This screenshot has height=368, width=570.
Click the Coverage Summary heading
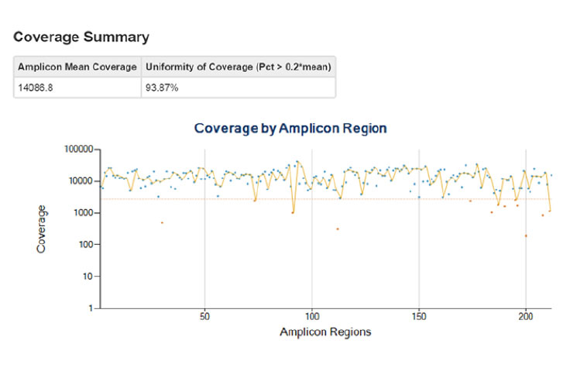[x=81, y=36]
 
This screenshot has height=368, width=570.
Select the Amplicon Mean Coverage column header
[x=77, y=67]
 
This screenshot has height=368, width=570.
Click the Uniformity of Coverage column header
[x=239, y=67]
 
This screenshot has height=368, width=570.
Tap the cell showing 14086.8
[x=36, y=88]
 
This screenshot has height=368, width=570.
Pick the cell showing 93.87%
[x=163, y=88]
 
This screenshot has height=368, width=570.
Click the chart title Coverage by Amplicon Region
[x=290, y=128]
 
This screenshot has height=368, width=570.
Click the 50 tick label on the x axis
[x=204, y=318]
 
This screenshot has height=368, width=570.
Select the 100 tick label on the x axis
[x=311, y=318]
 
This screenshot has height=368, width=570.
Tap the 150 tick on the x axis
[x=419, y=318]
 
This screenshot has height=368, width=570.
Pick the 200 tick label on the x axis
[x=526, y=318]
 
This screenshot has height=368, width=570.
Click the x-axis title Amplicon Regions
[x=325, y=332]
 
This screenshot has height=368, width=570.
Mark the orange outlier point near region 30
[x=162, y=223]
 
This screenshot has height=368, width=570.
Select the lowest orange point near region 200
[x=526, y=236]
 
